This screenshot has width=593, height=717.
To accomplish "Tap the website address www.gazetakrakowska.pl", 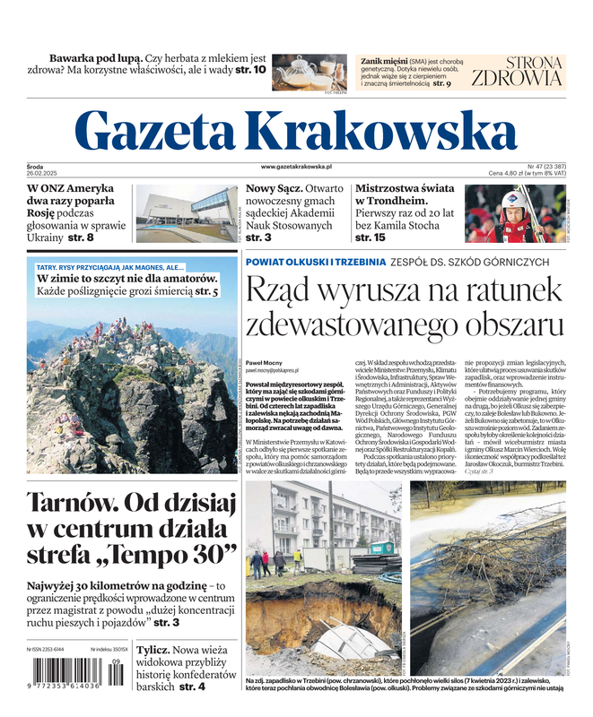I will point(297,167).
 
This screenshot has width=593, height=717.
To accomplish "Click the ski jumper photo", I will point(514,213).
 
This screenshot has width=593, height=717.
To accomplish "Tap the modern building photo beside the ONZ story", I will point(186,213).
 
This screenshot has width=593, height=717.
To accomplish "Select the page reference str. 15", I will point(372,238).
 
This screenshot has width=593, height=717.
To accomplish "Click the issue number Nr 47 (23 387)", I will point(545,167).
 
